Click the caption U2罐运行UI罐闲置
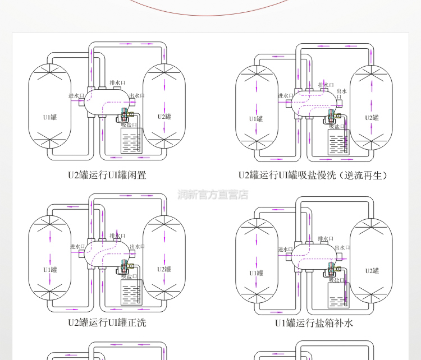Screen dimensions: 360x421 [107, 175]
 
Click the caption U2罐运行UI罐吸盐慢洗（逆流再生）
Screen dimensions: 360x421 [313, 175]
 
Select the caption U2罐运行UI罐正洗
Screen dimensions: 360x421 [107, 322]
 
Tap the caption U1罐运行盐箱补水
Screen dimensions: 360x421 [314, 323]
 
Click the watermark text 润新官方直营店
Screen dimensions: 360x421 [213, 195]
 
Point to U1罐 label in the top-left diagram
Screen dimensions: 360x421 [50, 117]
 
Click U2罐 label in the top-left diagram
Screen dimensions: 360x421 [164, 117]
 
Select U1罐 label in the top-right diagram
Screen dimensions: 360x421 [256, 118]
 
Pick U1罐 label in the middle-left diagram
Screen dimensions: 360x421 [50, 270]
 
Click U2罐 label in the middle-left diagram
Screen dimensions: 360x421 [164, 269]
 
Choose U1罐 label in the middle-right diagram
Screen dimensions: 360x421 [256, 273]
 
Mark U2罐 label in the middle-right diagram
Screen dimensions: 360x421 [372, 271]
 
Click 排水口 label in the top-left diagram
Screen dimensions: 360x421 [117, 83]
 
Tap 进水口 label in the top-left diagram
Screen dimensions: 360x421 [76, 96]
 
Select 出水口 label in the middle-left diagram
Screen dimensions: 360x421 [137, 246]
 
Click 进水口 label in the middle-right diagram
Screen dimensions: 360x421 [285, 249]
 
